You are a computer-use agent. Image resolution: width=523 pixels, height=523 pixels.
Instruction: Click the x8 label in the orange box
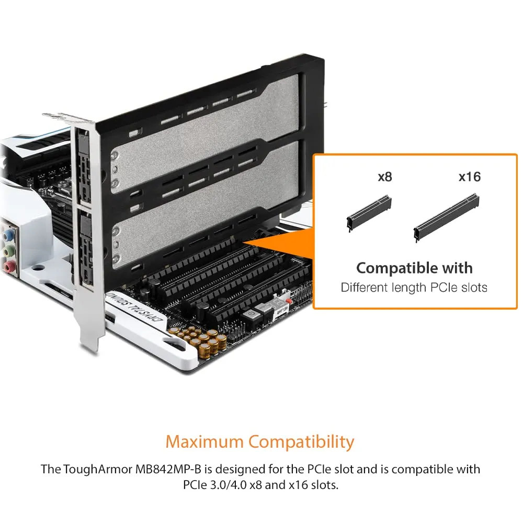pyautogui.click(x=384, y=177)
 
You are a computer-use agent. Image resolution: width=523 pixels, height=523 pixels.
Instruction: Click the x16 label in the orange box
pyautogui.click(x=470, y=177)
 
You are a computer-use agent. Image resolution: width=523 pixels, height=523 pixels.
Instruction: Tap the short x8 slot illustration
pyautogui.click(x=369, y=213)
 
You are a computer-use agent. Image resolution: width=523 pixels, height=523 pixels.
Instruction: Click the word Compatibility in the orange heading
pyautogui.click(x=301, y=443)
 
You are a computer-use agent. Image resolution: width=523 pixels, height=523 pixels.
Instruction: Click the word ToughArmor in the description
pyautogui.click(x=98, y=470)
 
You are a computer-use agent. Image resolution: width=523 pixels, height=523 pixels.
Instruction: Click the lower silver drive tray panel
pyautogui.click(x=203, y=207)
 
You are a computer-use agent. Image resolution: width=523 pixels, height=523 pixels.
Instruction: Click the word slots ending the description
pyautogui.click(x=324, y=485)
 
